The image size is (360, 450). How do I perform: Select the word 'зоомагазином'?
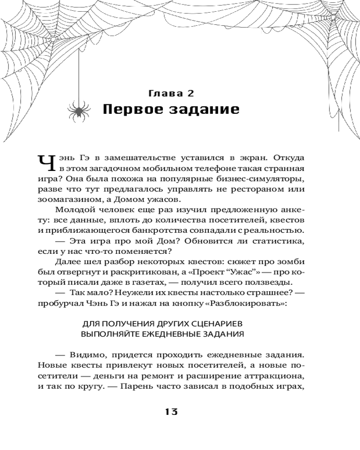coord(68,200)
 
